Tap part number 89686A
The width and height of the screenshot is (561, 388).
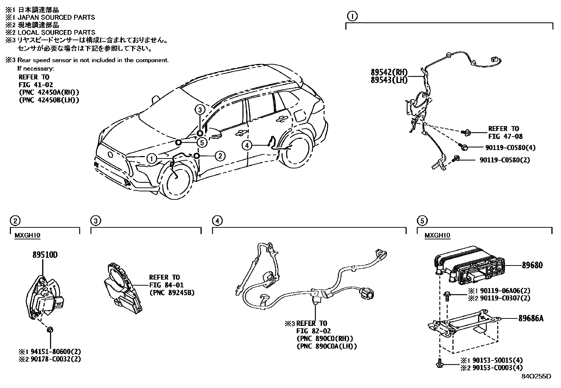[x=531, y=318]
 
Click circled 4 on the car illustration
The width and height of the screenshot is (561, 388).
[x=247, y=145]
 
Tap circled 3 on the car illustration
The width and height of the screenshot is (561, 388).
[x=199, y=110]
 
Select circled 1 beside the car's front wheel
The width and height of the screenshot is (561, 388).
[x=152, y=159]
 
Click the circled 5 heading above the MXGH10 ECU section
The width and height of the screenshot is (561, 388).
[x=422, y=221]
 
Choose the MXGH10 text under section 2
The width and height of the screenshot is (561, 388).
[x=25, y=235]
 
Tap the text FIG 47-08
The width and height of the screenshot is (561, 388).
[x=505, y=136]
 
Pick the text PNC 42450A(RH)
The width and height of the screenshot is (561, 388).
[x=49, y=92]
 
